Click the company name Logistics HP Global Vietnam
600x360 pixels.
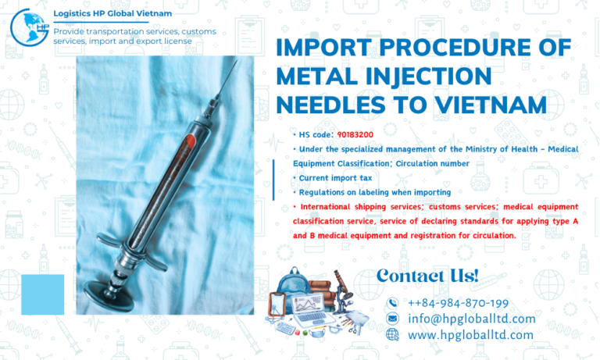tap(112, 14)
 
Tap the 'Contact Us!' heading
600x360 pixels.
tap(427, 275)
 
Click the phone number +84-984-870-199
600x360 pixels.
tap(458, 302)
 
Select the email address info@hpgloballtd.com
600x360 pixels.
tap(471, 319)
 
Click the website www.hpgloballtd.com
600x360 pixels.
tap(470, 335)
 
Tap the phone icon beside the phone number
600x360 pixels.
tap(392, 303)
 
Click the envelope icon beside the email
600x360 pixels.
tap(392, 319)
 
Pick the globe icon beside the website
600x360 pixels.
tap(392, 334)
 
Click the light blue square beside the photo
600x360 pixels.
tap(42, 294)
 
